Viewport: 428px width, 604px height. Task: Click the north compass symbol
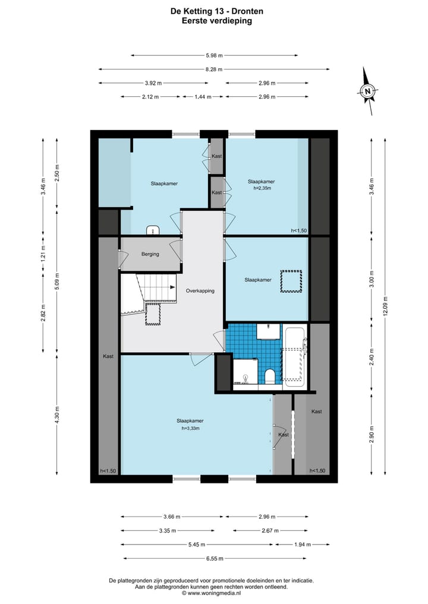368,91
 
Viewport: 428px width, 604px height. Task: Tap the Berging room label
150,254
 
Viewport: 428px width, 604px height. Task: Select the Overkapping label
200,291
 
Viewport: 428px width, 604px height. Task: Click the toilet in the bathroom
269,377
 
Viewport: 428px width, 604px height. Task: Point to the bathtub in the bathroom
295,357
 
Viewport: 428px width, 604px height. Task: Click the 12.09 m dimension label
385,306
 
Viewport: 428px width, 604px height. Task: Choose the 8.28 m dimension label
214,69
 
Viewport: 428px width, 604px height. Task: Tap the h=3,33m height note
190,428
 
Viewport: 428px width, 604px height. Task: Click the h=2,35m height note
262,188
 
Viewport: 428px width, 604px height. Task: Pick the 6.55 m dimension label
215,558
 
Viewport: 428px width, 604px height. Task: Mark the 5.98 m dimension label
214,55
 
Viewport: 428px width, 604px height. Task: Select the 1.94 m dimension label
303,545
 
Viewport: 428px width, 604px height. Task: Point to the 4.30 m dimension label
57,416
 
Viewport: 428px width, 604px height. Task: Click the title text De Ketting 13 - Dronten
217,11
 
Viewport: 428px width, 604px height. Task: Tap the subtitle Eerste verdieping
217,21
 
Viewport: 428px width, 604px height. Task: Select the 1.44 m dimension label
203,97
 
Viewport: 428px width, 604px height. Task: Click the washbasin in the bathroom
268,331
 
